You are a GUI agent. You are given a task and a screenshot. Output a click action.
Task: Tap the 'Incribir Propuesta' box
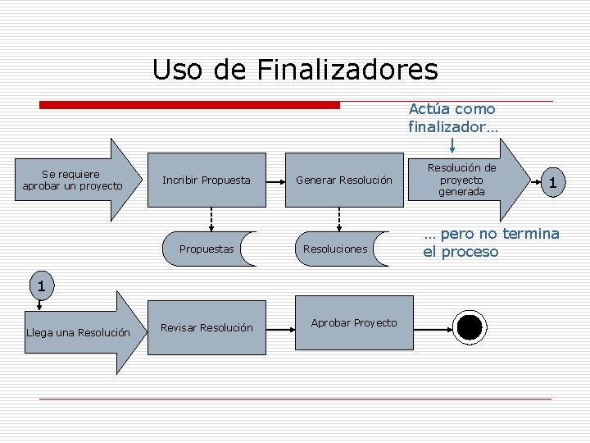[207, 180]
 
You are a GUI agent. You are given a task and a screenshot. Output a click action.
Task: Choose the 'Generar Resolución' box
[343, 180]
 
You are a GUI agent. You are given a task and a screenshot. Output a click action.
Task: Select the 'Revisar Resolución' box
[206, 327]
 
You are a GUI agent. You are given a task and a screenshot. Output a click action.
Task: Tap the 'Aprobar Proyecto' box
[354, 322]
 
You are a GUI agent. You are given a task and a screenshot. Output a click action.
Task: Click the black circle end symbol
[470, 327]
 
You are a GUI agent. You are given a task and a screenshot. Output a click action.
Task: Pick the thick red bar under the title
[190, 105]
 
